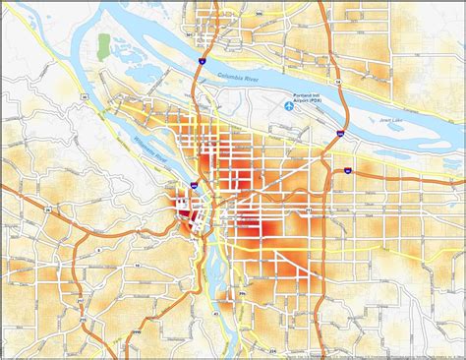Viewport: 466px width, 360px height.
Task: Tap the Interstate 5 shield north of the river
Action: click(199, 60)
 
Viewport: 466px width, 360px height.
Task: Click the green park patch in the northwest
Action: click(104, 44)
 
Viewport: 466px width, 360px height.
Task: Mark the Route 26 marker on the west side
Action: click(45, 210)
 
